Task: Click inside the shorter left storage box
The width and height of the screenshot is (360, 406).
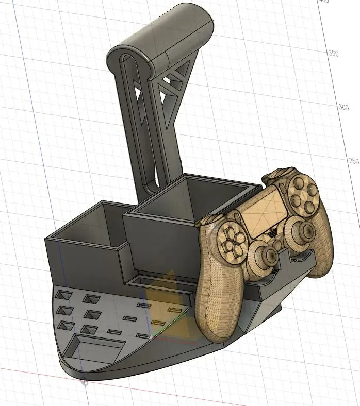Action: tap(88, 227)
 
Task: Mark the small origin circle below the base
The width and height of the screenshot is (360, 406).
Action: tap(85, 382)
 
